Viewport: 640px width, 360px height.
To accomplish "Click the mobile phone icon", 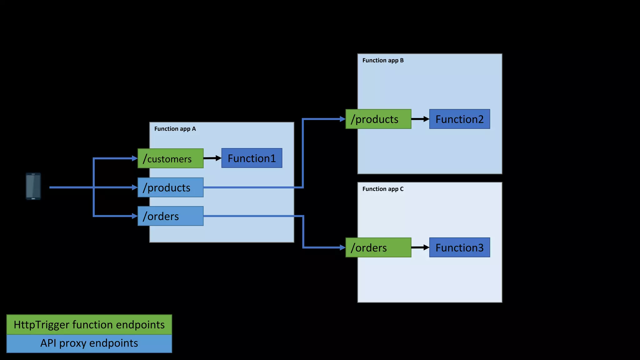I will click(x=33, y=186).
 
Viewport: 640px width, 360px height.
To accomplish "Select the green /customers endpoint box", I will click(x=170, y=158).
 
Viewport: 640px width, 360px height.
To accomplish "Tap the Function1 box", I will click(x=252, y=158).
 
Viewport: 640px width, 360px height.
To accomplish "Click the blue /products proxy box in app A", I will click(x=170, y=187).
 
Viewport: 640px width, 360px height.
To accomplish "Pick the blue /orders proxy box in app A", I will click(x=170, y=216).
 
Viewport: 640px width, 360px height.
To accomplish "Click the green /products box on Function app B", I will click(x=378, y=119).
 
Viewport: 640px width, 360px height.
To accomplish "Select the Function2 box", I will click(x=459, y=119).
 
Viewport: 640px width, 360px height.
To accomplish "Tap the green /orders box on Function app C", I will click(x=378, y=247).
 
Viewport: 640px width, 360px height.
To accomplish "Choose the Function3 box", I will click(x=459, y=247).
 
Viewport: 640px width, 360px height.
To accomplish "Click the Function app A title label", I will click(x=175, y=129).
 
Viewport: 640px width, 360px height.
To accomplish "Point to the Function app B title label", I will click(x=383, y=60).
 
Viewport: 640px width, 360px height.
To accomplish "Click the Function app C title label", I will click(x=383, y=189).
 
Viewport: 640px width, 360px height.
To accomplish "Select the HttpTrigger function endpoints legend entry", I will click(x=89, y=325).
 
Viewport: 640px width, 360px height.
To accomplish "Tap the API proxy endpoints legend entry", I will click(x=89, y=343).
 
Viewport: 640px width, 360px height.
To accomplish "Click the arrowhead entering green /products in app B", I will click(x=342, y=119).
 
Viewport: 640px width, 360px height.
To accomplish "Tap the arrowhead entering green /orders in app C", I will click(x=342, y=247).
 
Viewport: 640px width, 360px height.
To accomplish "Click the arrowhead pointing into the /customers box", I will click(x=135, y=158).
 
